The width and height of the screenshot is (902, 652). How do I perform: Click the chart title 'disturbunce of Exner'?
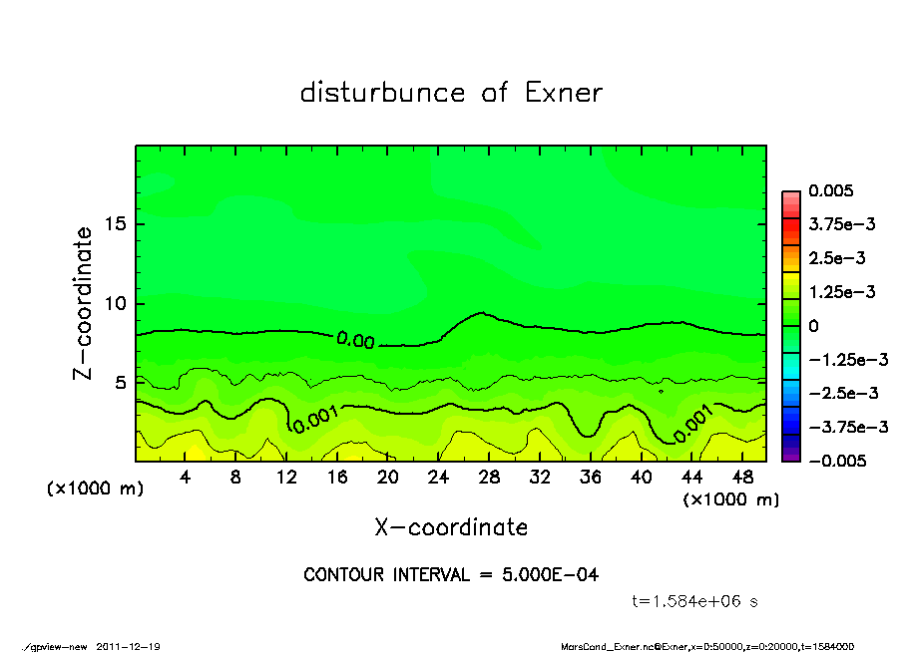451,94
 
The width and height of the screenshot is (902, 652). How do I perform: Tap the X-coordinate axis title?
451,527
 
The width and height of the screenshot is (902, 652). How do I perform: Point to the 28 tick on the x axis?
489,478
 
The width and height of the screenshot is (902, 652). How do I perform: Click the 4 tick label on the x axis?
185,478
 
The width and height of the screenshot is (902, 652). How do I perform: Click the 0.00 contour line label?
355,341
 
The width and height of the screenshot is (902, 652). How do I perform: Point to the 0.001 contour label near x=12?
314,418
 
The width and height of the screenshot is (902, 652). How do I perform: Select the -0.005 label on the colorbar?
835,461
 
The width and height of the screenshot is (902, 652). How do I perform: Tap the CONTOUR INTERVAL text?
451,575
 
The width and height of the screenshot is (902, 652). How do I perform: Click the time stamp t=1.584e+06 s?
695,601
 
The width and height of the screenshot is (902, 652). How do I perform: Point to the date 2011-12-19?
129,646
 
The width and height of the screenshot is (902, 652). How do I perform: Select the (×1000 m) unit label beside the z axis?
91,489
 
